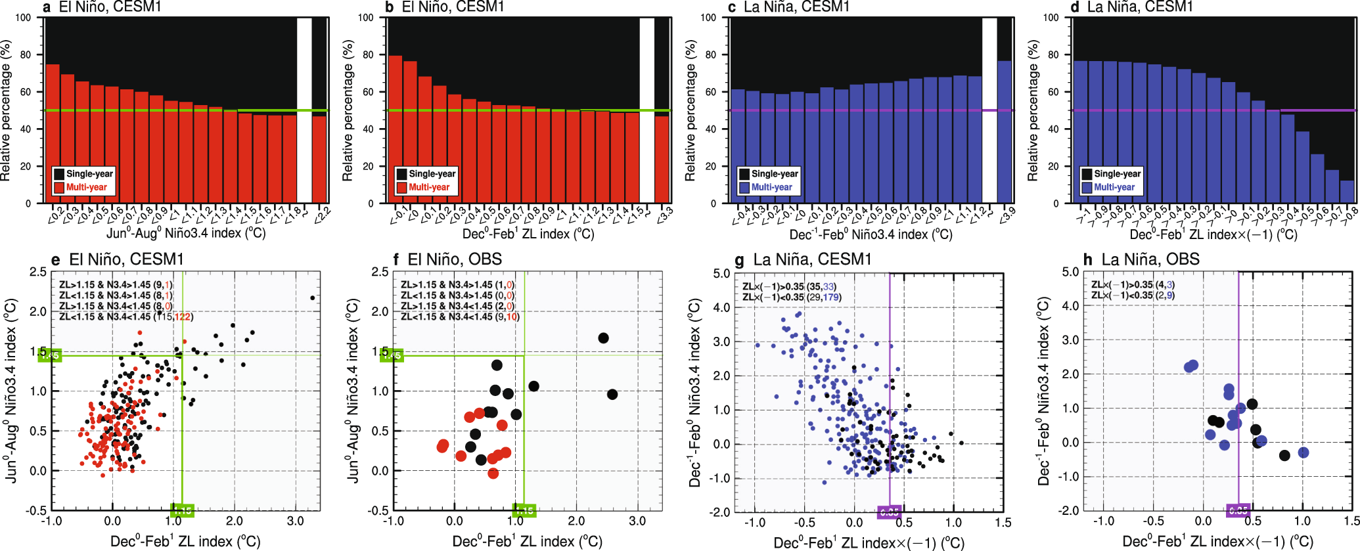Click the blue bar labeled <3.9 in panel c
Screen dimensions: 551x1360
pyautogui.click(x=1005, y=131)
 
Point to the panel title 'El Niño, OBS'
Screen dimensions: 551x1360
pyautogui.click(x=455, y=259)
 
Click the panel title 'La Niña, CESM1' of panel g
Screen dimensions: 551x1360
pyautogui.click(x=812, y=259)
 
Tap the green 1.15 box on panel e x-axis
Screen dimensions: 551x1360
pyautogui.click(x=182, y=510)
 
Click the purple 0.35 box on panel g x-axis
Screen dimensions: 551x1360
pyautogui.click(x=890, y=512)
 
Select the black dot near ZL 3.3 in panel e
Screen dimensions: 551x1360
pyautogui.click(x=312, y=298)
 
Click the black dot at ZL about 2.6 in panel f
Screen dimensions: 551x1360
pyautogui.click(x=612, y=395)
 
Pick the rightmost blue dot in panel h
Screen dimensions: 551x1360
pyautogui.click(x=1303, y=452)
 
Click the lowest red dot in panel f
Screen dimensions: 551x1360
pyautogui.click(x=493, y=473)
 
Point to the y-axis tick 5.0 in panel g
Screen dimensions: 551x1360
pyautogui.click(x=721, y=273)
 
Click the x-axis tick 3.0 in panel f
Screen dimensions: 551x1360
pyautogui.click(x=637, y=521)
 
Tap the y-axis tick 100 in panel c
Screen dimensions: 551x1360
pyautogui.click(x=708, y=18)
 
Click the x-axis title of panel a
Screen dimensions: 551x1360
pyautogui.click(x=186, y=233)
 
